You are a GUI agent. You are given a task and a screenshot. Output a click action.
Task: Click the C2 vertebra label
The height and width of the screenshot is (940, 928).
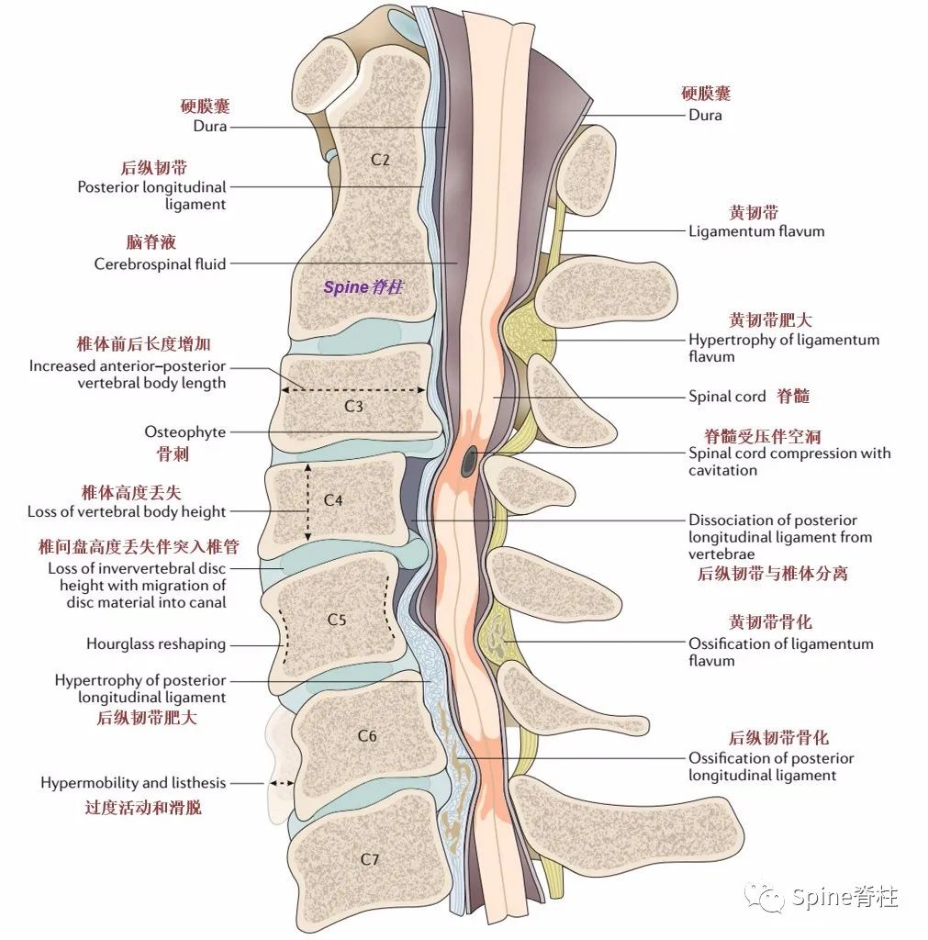[x=380, y=159]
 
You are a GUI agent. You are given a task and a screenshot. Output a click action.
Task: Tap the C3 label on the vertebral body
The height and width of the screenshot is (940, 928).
[x=352, y=405]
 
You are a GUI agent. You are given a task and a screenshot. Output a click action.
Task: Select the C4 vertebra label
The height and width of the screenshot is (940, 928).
[x=333, y=500]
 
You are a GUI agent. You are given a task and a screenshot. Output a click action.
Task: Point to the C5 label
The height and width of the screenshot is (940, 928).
[x=337, y=620]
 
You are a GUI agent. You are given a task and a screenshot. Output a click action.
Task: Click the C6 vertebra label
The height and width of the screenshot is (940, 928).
[x=366, y=735]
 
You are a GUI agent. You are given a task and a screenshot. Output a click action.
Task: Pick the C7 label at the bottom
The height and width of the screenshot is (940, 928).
[x=369, y=859]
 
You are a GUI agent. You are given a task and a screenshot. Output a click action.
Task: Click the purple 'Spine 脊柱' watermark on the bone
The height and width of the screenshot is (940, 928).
[x=363, y=286]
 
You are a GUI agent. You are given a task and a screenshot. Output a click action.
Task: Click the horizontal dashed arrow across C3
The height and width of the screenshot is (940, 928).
[x=353, y=389]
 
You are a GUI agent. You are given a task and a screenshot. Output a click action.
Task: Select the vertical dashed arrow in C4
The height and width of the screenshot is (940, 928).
[x=308, y=501]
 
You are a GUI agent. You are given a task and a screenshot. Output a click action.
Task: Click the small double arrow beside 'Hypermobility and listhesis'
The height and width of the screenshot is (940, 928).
[x=282, y=784]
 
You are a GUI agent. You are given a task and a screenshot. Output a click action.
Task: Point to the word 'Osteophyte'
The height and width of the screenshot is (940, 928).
[x=184, y=431]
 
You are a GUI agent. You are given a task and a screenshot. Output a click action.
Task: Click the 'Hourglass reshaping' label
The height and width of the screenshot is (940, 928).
[x=155, y=644]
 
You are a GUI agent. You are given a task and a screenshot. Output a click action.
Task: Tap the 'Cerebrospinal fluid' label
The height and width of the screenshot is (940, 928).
[x=160, y=264]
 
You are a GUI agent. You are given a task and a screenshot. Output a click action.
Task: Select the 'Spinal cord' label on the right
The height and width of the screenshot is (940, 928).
[x=726, y=397]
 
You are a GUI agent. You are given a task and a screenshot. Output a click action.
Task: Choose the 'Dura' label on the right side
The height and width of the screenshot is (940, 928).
[x=705, y=115]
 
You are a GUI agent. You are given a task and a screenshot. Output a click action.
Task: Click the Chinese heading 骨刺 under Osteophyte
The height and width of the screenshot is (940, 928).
[x=173, y=453]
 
